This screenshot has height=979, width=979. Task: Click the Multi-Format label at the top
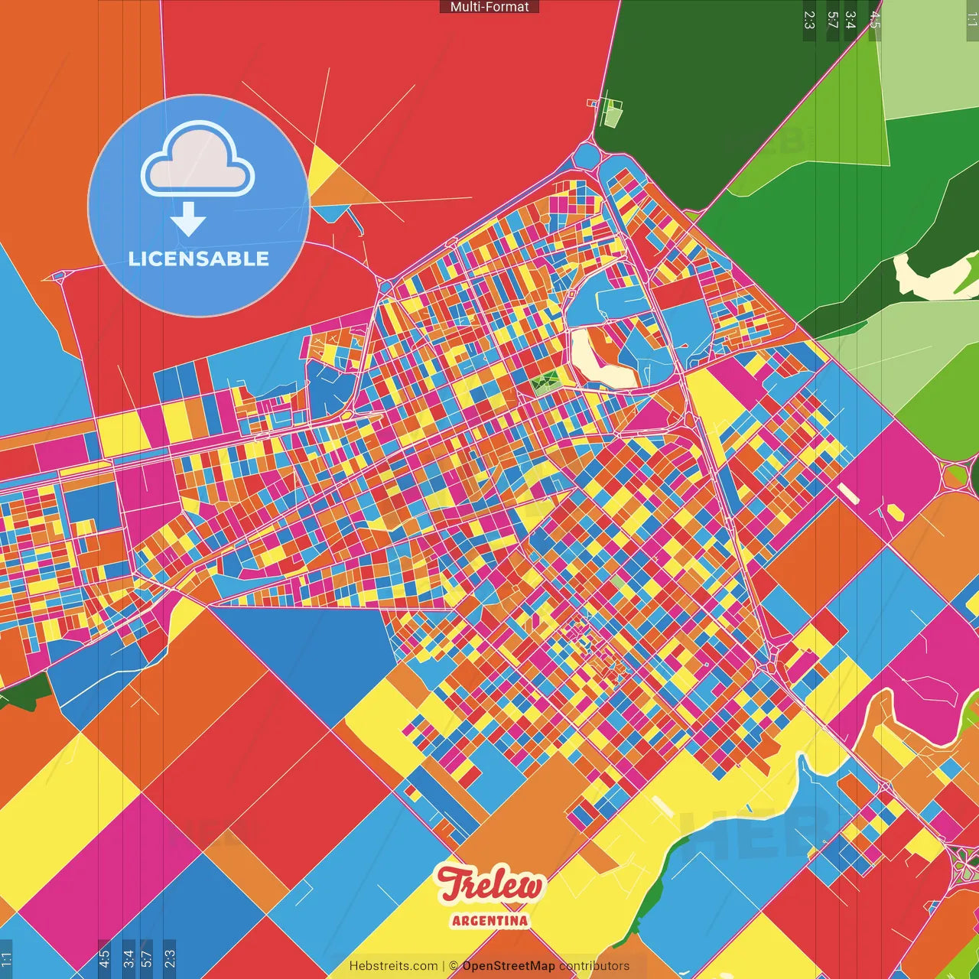click(489, 7)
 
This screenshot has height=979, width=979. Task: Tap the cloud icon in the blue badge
click(197, 161)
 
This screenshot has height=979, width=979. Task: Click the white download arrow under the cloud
click(188, 220)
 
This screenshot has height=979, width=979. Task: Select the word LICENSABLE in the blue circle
click(199, 259)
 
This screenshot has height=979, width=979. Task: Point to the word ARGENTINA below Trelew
click(489, 920)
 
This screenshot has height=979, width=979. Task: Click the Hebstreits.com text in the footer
click(393, 966)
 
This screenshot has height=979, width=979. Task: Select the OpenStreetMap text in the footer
click(509, 966)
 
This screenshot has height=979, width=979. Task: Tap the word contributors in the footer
click(594, 966)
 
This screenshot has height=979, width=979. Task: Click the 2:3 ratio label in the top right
click(809, 20)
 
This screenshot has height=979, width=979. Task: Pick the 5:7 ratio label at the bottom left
click(147, 957)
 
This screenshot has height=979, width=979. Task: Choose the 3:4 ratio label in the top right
click(851, 20)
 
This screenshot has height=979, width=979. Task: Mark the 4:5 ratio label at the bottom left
click(105, 957)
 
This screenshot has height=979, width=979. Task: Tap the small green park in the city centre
click(547, 380)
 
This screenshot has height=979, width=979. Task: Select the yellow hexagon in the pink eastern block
click(893, 511)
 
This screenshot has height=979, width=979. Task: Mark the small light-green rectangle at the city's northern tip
click(613, 115)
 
